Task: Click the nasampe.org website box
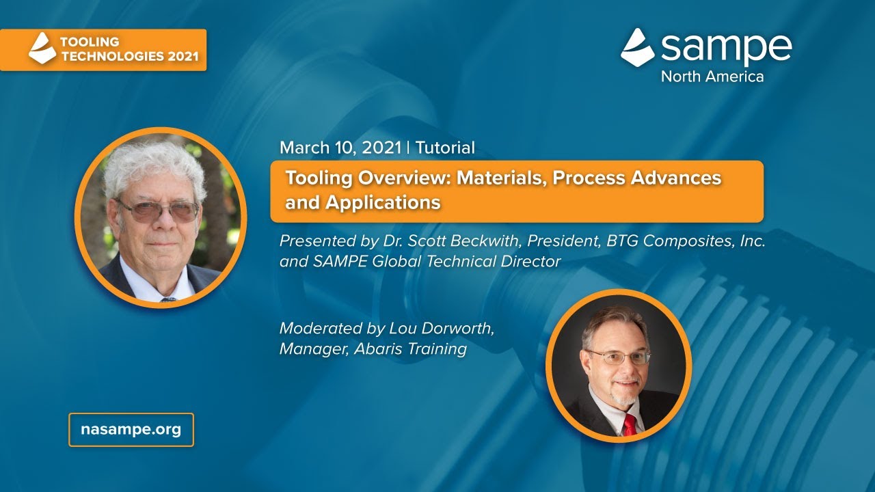pos(131,430)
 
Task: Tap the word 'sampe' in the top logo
pos(726,48)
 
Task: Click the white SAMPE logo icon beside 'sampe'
pos(637,47)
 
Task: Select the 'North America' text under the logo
pos(712,77)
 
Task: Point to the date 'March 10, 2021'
pos(340,147)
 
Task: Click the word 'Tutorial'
pos(445,147)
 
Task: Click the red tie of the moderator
pos(628,424)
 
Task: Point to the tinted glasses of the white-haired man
pos(157,210)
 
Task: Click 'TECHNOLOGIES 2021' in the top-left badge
pos(130,56)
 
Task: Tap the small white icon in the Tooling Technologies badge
pos(42,49)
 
